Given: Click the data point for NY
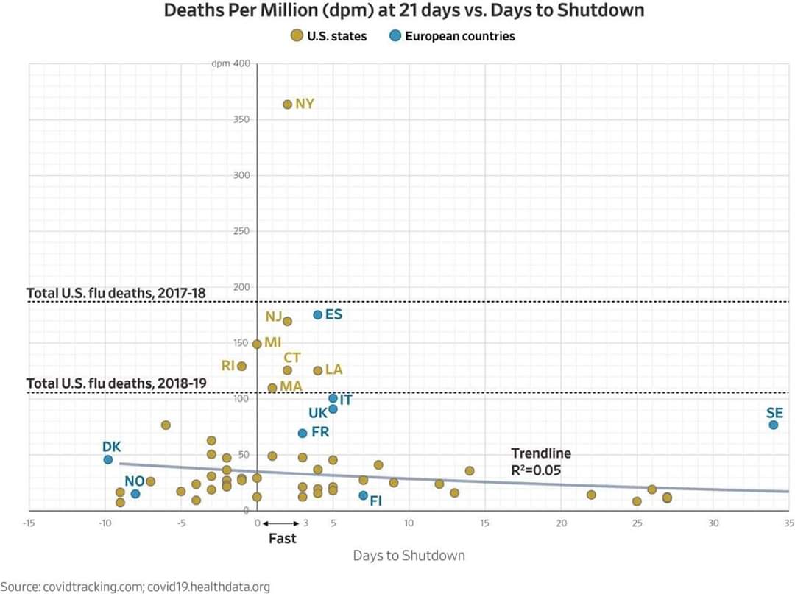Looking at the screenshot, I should (x=288, y=105).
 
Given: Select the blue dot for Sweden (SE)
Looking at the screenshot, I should (x=774, y=425).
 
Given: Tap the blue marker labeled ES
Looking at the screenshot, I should (x=318, y=314).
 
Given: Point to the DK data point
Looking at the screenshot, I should (x=108, y=459).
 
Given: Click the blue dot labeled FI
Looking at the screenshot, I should (x=364, y=495).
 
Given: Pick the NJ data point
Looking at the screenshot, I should (x=288, y=321).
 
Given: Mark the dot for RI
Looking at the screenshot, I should (x=241, y=366).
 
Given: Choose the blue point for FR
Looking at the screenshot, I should (x=303, y=433).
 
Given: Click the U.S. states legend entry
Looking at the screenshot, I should (x=329, y=35).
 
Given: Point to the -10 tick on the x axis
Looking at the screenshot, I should (x=105, y=523).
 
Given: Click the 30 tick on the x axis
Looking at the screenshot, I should (x=713, y=523).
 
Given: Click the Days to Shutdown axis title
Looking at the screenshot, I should (x=409, y=555).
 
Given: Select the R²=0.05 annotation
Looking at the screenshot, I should (x=536, y=469).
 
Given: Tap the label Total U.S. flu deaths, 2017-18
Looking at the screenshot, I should (x=116, y=293).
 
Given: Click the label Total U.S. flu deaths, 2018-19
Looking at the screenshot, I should (x=116, y=383).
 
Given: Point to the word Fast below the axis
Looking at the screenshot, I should (x=282, y=538).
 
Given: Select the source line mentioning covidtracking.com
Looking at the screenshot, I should (x=135, y=587).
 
